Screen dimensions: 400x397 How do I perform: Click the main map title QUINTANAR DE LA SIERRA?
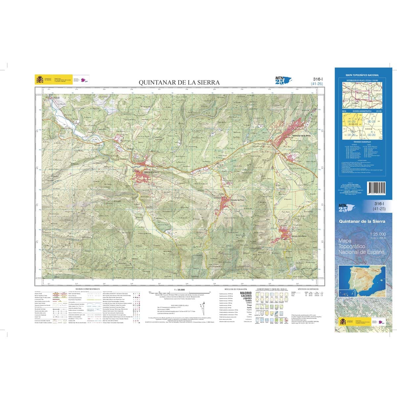coord(179,82)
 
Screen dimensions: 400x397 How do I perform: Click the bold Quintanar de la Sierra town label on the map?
coord(301,136)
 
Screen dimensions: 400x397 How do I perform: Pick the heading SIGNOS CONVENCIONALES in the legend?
coord(87,289)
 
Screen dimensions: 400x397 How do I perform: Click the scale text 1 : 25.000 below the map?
coord(179,289)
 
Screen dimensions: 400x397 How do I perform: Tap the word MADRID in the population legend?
coord(246,293)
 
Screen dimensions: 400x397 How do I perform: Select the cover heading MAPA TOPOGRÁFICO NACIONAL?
coord(362,75)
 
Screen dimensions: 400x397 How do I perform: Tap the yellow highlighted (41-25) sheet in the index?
coord(351,122)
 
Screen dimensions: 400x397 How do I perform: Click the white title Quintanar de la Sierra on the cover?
coord(362,221)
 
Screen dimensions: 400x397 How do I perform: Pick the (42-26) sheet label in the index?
coord(371,135)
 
